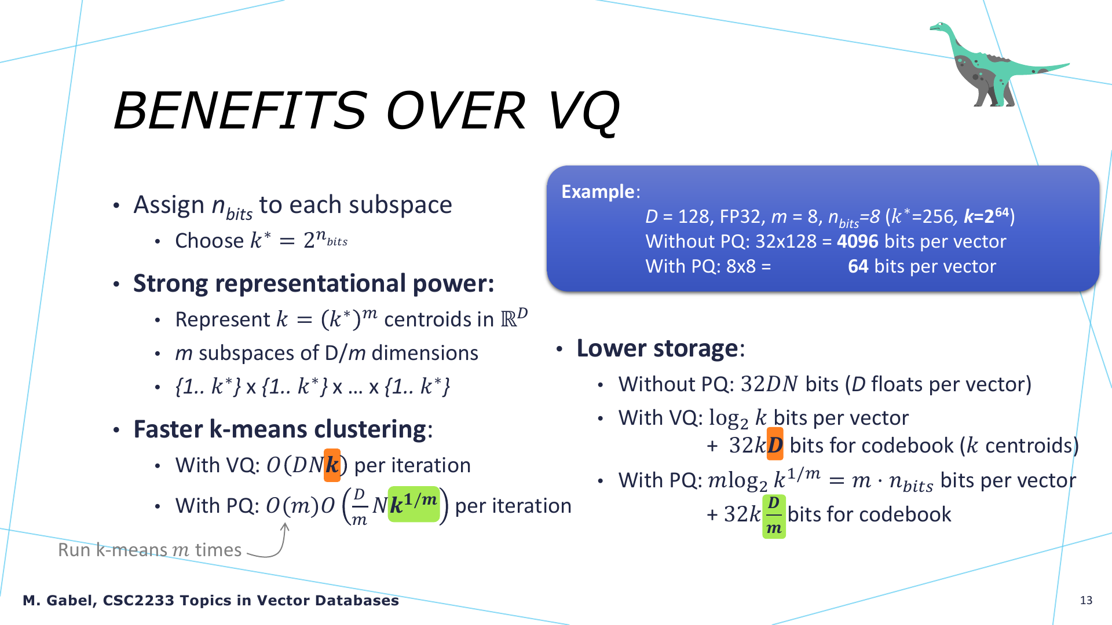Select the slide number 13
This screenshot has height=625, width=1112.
(1086, 600)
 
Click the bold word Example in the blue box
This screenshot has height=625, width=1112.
(598, 192)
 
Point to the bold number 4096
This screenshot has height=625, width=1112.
(858, 241)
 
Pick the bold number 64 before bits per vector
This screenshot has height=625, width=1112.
(858, 266)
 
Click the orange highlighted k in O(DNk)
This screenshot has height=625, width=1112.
(332, 465)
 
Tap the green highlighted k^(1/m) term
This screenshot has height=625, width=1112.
(414, 504)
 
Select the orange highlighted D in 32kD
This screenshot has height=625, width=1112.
(775, 444)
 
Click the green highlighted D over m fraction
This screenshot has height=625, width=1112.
(774, 516)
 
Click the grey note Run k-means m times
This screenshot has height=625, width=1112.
(149, 550)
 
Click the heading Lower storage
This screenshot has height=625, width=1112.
(657, 348)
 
